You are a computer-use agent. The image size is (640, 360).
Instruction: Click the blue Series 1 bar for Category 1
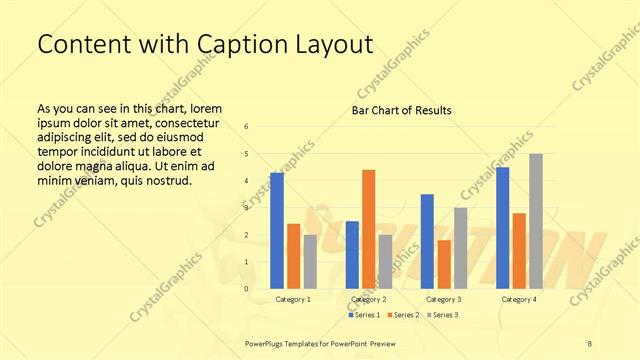click(x=277, y=231)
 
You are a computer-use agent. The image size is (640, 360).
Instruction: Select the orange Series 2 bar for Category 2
click(x=368, y=229)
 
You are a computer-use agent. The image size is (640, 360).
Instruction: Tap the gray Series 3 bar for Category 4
click(x=535, y=221)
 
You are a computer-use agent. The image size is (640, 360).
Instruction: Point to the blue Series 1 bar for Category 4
click(x=502, y=228)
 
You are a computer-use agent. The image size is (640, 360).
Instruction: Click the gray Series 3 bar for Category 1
click(x=310, y=262)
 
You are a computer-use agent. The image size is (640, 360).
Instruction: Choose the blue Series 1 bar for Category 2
click(x=352, y=255)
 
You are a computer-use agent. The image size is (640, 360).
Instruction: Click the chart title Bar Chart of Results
click(x=401, y=110)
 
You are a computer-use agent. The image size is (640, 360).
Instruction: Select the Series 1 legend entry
click(x=364, y=315)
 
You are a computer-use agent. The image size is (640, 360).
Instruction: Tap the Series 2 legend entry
click(x=402, y=315)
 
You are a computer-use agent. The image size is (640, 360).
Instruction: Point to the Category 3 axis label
click(x=444, y=299)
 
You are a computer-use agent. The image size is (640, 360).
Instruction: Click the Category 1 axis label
click(x=293, y=299)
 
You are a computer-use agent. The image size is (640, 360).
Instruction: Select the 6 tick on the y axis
click(x=247, y=127)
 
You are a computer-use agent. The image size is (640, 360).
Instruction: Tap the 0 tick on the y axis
click(x=247, y=289)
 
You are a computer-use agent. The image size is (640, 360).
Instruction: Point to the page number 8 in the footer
click(x=589, y=343)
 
